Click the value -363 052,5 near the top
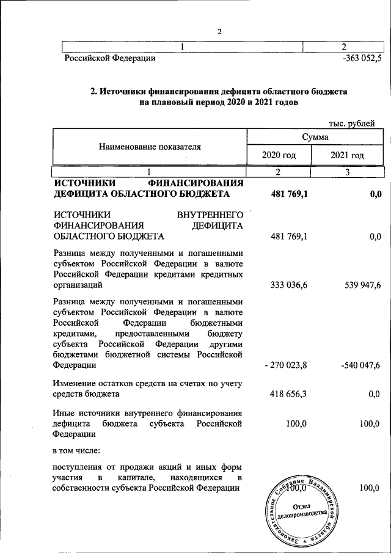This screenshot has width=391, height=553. [362, 59]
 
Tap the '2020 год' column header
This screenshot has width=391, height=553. [279, 155]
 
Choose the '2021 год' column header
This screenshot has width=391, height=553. [347, 155]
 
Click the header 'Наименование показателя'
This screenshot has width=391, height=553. [150, 147]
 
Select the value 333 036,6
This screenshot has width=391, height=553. [290, 284]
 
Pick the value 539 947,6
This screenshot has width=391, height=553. [359, 284]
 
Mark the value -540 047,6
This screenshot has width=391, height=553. [360, 365]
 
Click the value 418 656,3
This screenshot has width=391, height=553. [290, 395]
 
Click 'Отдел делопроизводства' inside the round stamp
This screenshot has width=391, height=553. [303, 511]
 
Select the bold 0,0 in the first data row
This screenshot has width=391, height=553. [375, 194]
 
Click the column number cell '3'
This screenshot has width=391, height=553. [347, 173]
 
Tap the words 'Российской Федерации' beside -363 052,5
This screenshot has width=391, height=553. [110, 59]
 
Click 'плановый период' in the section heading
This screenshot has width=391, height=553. [185, 103]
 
